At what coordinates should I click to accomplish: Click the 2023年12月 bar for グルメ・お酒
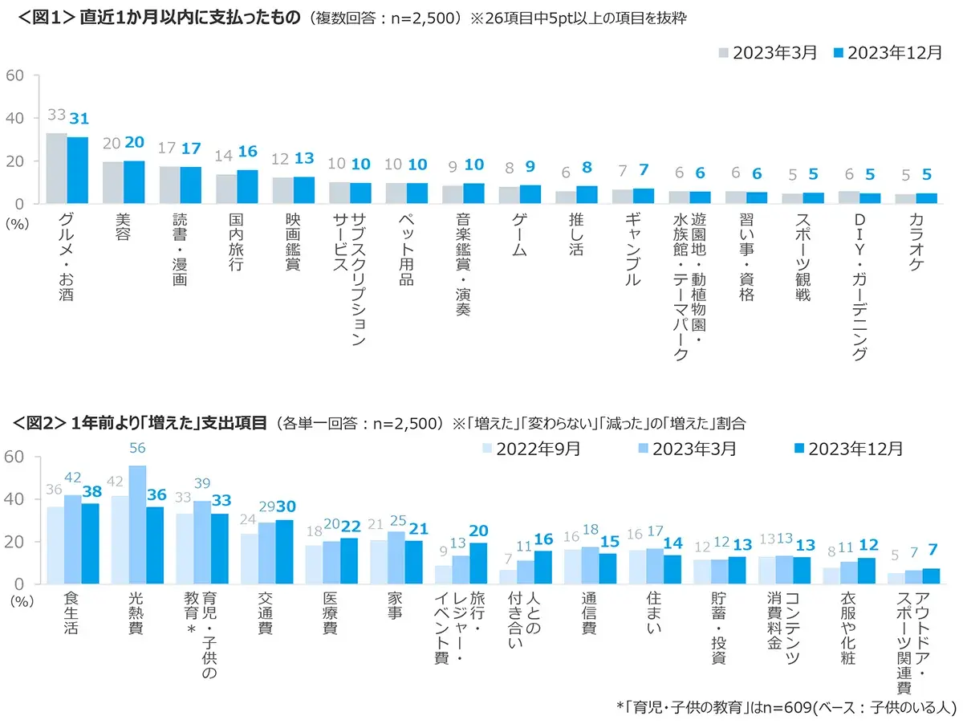(x=77, y=170)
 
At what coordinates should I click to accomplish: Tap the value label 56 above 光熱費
(x=137, y=449)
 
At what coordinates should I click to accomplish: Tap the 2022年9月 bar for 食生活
(x=55, y=546)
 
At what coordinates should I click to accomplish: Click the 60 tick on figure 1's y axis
(x=18, y=75)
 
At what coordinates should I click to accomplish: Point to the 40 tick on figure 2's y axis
(x=18, y=499)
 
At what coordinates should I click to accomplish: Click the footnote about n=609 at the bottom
(x=786, y=707)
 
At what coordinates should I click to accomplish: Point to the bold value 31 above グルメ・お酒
(x=79, y=119)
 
